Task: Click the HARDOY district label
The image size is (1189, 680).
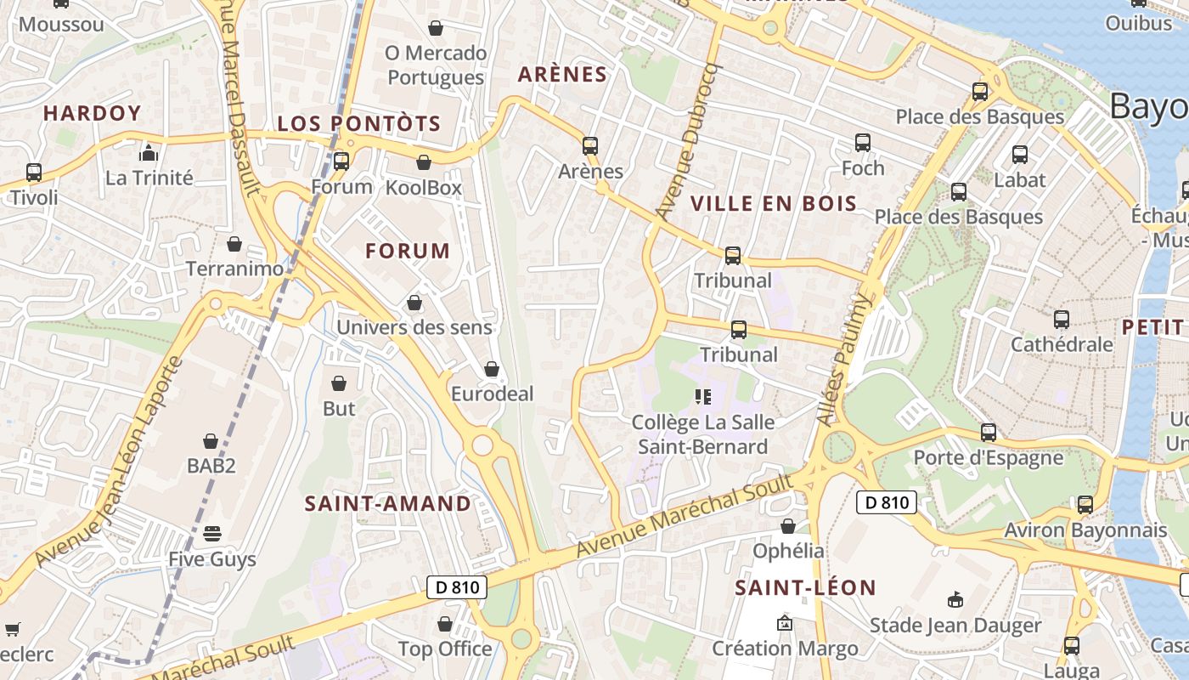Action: point(92,113)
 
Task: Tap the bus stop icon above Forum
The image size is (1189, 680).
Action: point(341,161)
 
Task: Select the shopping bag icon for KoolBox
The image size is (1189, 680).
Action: point(424,162)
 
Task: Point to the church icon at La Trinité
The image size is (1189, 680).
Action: point(149,153)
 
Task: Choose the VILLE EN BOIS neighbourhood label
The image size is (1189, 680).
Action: point(774,203)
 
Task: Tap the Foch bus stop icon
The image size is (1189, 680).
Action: point(863,143)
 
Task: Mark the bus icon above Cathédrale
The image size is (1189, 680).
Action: point(1062,320)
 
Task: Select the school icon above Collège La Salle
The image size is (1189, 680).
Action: point(702,396)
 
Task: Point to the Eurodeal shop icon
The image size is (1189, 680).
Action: point(491,369)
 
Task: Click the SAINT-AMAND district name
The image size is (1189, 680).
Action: point(388,503)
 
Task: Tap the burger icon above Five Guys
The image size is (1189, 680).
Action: point(211,534)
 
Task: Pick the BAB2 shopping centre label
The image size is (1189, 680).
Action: point(211,466)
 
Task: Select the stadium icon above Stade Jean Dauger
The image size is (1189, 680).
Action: point(955,600)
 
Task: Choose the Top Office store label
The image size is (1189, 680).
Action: point(445,649)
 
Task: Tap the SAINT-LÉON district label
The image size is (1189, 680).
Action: point(805,587)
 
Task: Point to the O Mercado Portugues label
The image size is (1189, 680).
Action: point(436,65)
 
